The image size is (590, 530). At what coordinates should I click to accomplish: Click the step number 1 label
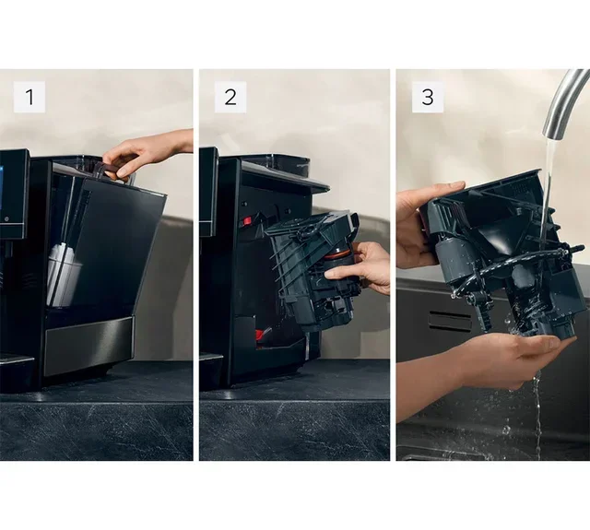(29, 97)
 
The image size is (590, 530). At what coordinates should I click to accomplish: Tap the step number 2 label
(230, 97)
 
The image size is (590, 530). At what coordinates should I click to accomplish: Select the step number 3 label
(426, 97)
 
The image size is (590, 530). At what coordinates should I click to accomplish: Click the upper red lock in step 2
(247, 221)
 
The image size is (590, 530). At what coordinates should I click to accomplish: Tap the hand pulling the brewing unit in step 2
(363, 268)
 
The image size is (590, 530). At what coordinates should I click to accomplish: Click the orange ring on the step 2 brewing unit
(338, 253)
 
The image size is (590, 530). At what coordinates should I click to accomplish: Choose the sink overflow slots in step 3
(451, 322)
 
